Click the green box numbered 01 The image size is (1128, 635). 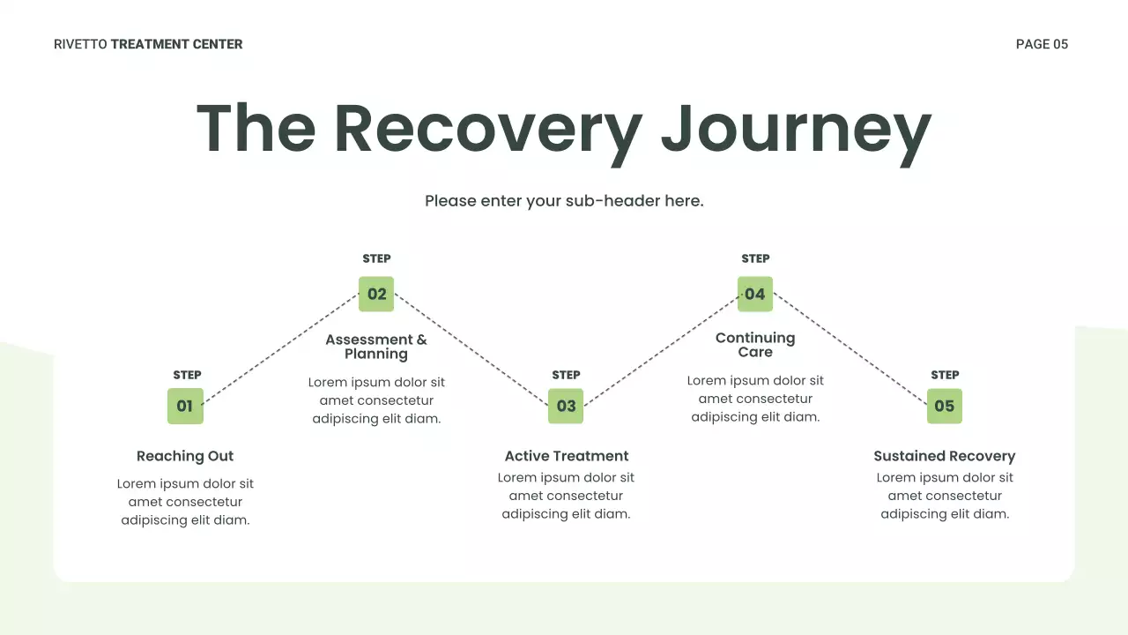185,407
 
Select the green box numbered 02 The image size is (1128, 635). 376,295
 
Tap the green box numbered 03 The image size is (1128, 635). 566,407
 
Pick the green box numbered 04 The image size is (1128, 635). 755,295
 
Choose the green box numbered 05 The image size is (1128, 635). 945,407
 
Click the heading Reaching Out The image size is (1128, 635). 185,456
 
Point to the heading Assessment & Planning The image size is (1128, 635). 376,347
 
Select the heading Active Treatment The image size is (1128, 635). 567,456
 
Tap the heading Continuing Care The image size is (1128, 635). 755,345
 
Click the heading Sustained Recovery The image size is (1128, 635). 945,456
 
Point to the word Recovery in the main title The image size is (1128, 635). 487,130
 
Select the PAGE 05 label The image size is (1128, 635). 1042,44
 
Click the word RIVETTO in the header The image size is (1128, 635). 80,44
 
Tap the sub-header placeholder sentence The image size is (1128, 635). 564,201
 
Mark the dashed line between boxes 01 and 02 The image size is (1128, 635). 281,350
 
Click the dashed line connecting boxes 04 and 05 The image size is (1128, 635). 850,350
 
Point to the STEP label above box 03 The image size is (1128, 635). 566,375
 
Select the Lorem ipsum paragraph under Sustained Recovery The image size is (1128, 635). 945,496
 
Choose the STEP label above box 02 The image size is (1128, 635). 376,258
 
